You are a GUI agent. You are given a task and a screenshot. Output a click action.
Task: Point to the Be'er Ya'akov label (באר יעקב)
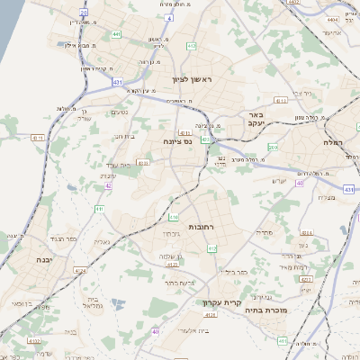tap(256, 121)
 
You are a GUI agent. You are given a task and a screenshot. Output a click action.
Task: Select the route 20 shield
tap(84, 13)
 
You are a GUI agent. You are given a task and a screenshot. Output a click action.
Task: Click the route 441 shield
tap(117, 34)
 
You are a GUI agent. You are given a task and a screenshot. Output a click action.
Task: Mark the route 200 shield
tap(274, 147)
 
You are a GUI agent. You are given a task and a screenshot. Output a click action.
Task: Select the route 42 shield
tap(109, 186)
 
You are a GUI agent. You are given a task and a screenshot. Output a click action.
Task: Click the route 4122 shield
tap(35, 341)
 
